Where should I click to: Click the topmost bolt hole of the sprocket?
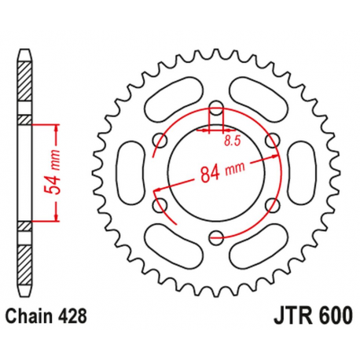[x=217, y=108]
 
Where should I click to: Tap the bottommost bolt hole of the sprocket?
[x=217, y=233]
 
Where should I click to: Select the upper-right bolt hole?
[x=271, y=141]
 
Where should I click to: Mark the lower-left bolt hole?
[x=163, y=203]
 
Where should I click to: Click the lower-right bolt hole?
[x=271, y=204]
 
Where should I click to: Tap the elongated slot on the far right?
[x=308, y=171]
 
